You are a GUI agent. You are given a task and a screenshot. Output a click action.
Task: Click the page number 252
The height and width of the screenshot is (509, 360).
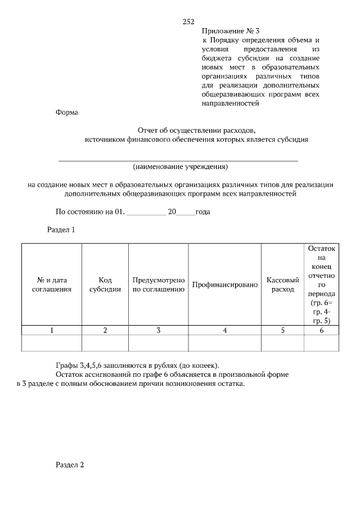(x=188, y=22)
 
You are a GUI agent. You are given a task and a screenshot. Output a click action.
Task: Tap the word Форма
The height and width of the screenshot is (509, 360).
(x=67, y=112)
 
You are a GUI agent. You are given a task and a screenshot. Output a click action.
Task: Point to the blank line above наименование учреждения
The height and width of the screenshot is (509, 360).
(x=178, y=161)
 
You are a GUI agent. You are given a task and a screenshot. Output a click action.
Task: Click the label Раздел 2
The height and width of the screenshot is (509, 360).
(x=70, y=465)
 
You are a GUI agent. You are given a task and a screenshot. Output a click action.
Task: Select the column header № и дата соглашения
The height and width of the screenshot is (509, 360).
(x=51, y=285)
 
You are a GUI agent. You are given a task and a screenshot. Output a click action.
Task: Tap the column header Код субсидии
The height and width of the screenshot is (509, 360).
(x=105, y=285)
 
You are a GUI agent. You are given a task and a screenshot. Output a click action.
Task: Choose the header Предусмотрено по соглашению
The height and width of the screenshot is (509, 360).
(x=159, y=285)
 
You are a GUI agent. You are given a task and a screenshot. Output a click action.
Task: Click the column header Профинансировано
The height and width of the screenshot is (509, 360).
(x=225, y=285)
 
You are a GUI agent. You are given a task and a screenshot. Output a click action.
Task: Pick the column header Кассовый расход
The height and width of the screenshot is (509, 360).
(x=282, y=285)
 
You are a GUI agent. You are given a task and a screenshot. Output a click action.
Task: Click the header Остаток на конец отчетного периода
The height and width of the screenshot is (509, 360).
(x=322, y=284)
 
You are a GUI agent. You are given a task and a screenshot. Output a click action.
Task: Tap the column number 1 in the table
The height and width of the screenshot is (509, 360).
(x=51, y=331)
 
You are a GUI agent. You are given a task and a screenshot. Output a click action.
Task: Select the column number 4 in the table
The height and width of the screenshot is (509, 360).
(x=225, y=331)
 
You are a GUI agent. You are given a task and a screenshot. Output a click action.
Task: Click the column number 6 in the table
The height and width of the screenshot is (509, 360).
(x=322, y=331)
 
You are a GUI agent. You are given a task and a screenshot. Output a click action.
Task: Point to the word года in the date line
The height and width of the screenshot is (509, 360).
(x=202, y=212)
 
